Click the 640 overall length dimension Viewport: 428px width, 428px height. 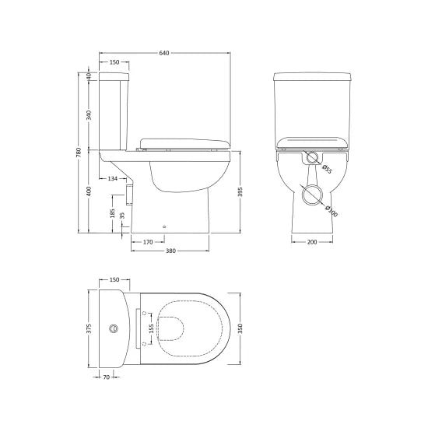pos(164,53)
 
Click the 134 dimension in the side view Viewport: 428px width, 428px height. pos(114,179)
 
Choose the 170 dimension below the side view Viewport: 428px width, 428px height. pos(147,242)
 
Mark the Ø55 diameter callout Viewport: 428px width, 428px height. pos(327,170)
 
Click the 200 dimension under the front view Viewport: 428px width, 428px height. pos(311,243)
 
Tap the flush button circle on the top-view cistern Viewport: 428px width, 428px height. pos(117,328)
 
